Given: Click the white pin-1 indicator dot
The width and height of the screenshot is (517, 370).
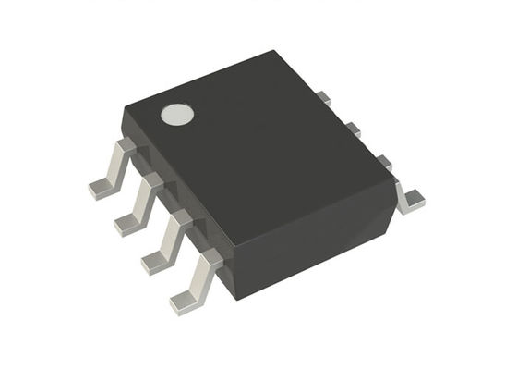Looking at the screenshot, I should click(x=176, y=115).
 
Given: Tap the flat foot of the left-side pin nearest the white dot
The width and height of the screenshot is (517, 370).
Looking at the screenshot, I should click(x=99, y=188).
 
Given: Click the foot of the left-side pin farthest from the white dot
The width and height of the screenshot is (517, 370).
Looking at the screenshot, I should click(x=185, y=302).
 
